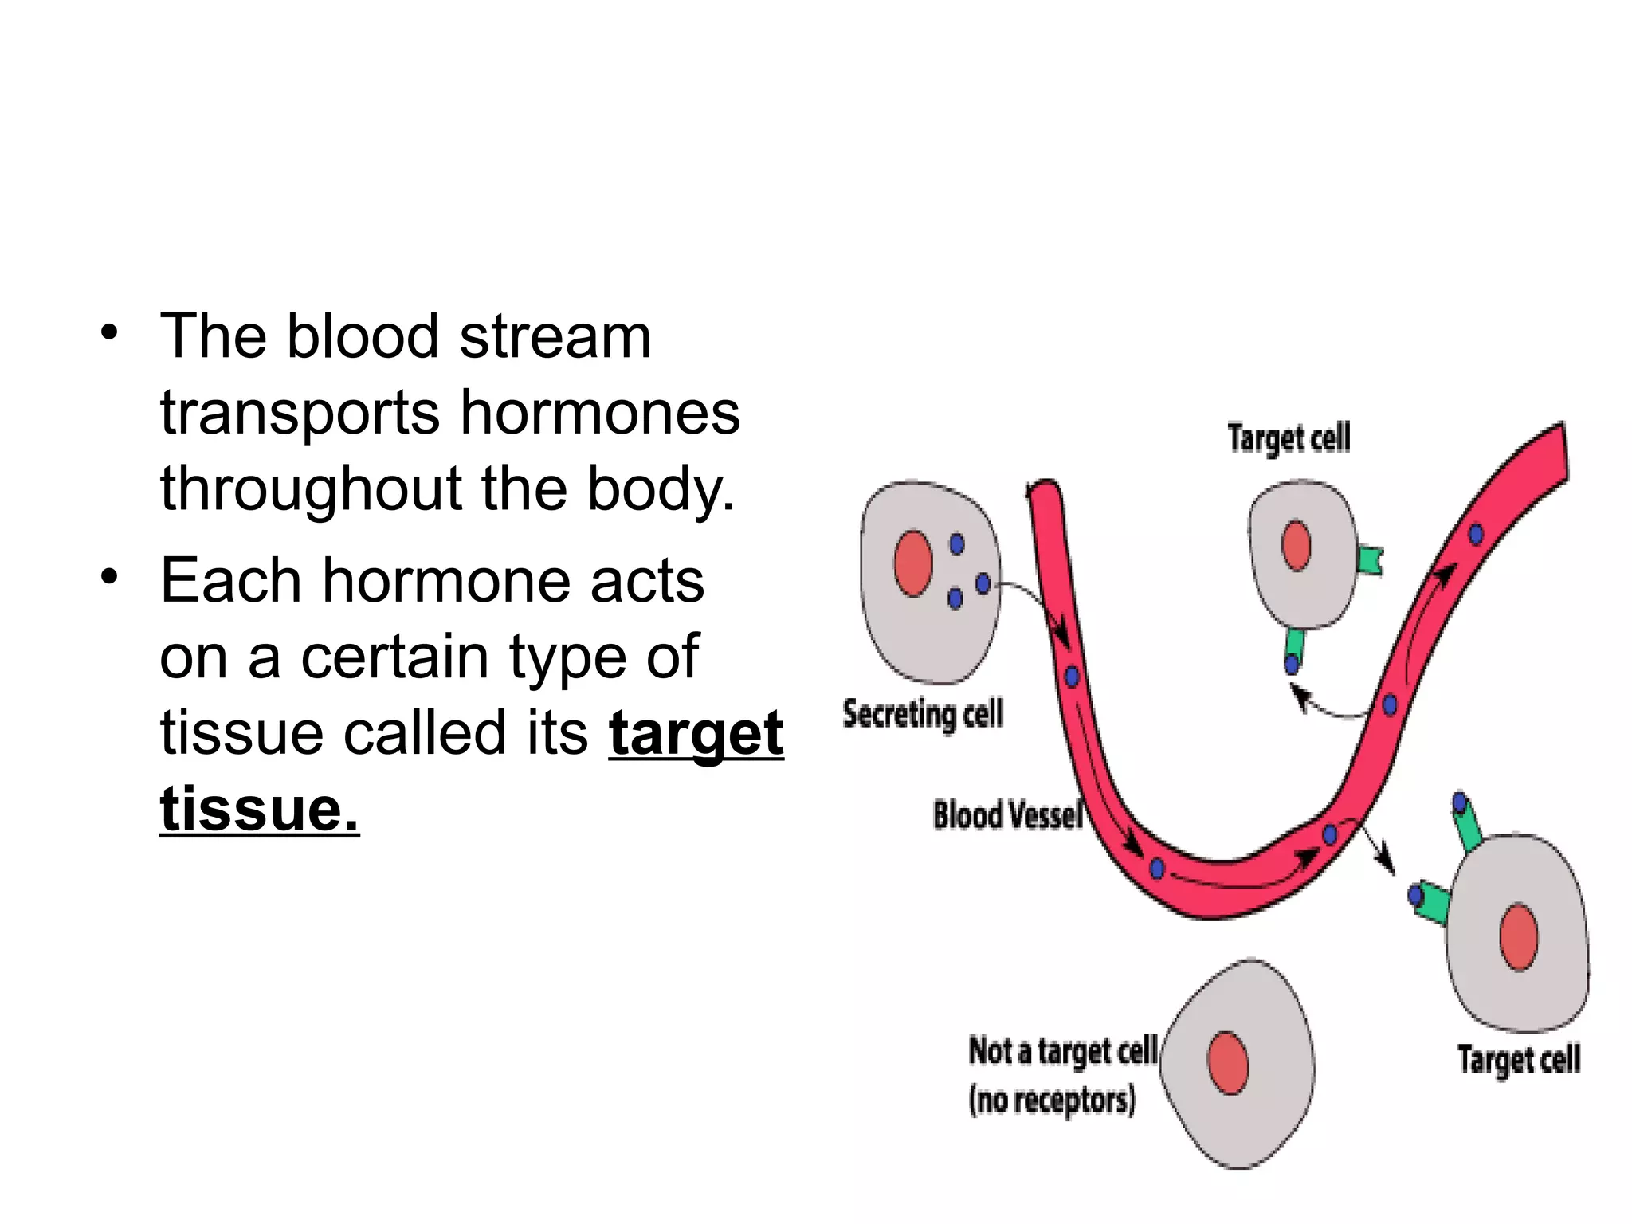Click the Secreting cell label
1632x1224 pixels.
click(922, 713)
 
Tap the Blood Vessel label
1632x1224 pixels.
click(1007, 815)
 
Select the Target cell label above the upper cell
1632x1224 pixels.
click(1289, 438)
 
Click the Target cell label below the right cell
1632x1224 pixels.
click(1518, 1060)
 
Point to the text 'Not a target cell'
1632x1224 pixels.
click(1062, 1051)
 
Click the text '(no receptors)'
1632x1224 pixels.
click(1051, 1100)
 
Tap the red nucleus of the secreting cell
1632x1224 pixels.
click(913, 563)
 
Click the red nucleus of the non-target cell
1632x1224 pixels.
click(1228, 1063)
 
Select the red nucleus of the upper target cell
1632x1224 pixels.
click(1297, 546)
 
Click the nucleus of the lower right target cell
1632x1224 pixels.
click(1518, 937)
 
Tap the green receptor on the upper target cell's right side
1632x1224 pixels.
click(1370, 559)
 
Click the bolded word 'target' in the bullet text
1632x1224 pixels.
click(696, 734)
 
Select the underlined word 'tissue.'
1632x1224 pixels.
click(259, 810)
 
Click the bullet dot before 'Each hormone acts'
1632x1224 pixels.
click(109, 575)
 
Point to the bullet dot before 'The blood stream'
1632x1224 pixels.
click(109, 331)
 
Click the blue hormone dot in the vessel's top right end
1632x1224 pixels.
click(1476, 534)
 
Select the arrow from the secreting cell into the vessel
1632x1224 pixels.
click(1036, 606)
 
